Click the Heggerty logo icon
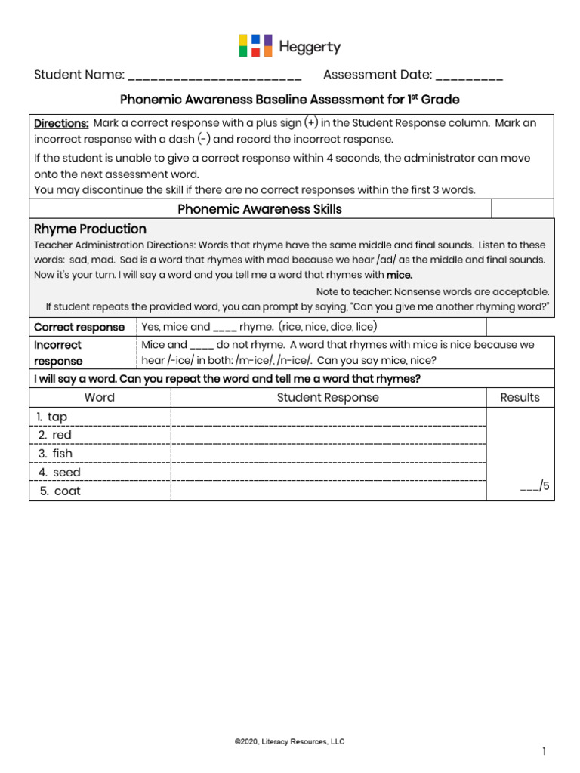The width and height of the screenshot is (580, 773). pos(255,46)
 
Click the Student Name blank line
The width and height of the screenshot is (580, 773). pos(214,75)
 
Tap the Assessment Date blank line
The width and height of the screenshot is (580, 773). pos(469,75)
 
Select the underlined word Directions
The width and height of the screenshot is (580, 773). pos(61,123)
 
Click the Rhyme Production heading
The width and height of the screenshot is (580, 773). pos(91,229)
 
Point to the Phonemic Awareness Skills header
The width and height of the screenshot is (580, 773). pos(260,209)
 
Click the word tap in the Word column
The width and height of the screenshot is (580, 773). pos(57,417)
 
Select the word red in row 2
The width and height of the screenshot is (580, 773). pos(62,435)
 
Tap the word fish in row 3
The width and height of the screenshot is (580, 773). pos(63,454)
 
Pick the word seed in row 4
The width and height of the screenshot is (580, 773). pos(66,473)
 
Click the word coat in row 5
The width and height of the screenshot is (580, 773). pos(67,491)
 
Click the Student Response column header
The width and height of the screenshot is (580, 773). pos(328,397)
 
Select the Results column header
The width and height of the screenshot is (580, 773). pos(520,397)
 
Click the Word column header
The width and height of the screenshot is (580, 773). pos(100,397)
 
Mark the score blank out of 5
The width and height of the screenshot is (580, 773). pos(529,487)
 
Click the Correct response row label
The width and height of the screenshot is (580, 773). pos(79,327)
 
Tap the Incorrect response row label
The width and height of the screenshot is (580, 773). pos(58,353)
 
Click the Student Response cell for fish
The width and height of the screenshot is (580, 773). pos(328,454)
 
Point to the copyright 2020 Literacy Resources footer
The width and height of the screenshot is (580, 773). pos(289,742)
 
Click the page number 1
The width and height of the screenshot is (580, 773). pos(543,751)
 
